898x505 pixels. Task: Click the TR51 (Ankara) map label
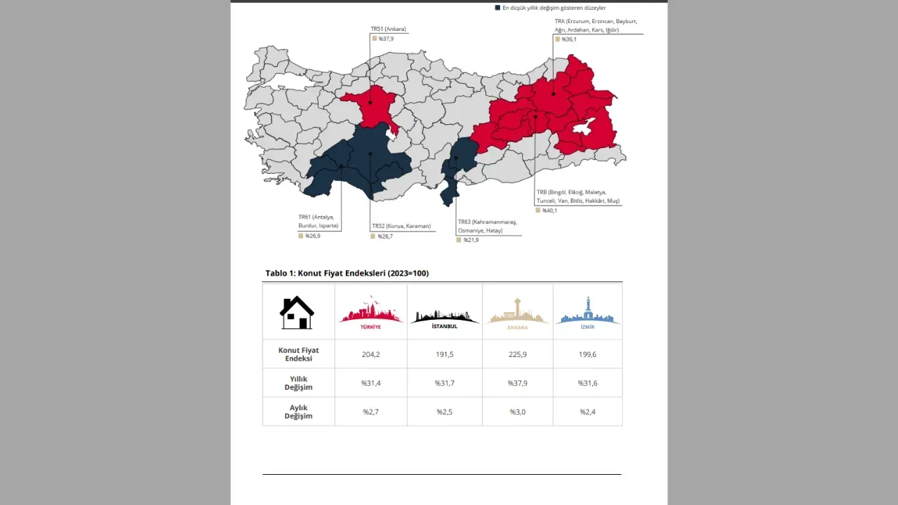coord(388,29)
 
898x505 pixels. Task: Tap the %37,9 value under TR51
coord(385,39)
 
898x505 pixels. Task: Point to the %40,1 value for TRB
coord(549,210)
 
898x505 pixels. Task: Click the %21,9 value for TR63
coord(470,240)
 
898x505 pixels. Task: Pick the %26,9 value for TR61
coord(312,236)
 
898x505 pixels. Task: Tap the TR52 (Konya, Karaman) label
coord(401,227)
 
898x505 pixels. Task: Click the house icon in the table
coord(297,312)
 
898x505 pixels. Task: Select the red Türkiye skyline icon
coord(370,314)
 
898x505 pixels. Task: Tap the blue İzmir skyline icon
coord(588,313)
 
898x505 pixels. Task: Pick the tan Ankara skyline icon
coord(517,313)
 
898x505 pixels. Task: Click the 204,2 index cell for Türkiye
coord(370,354)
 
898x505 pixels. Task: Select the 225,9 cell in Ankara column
coord(517,354)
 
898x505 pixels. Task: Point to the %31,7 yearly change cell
coord(444,383)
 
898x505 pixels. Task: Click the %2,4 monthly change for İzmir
coord(588,412)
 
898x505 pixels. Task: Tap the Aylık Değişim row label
coord(298,412)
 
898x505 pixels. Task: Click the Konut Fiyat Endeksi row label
coord(298,354)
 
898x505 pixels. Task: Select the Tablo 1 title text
coord(347,273)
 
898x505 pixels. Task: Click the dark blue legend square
coord(497,8)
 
